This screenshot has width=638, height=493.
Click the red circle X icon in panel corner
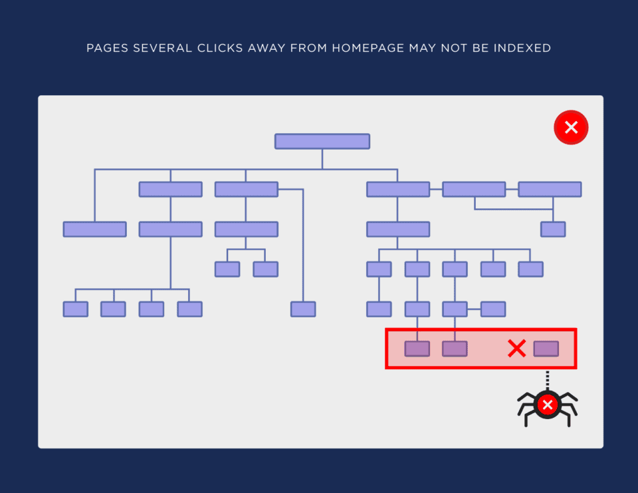(x=571, y=127)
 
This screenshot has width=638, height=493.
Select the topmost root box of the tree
(x=322, y=141)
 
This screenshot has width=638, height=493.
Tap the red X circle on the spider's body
(x=548, y=405)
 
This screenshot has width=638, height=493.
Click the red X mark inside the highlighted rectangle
(x=516, y=349)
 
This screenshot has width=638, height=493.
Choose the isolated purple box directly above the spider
(x=546, y=349)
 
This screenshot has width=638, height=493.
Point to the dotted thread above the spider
(x=547, y=380)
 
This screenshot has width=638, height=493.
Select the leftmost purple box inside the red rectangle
(x=417, y=349)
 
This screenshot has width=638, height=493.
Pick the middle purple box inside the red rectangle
(x=455, y=349)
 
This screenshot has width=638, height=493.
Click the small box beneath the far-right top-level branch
(x=553, y=230)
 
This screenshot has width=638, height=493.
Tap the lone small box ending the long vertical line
(x=303, y=309)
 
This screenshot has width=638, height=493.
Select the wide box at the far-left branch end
(x=94, y=230)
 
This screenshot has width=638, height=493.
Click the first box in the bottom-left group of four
(x=76, y=309)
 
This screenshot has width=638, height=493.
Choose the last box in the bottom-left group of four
(x=189, y=309)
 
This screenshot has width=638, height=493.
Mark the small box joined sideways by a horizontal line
(x=493, y=309)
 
